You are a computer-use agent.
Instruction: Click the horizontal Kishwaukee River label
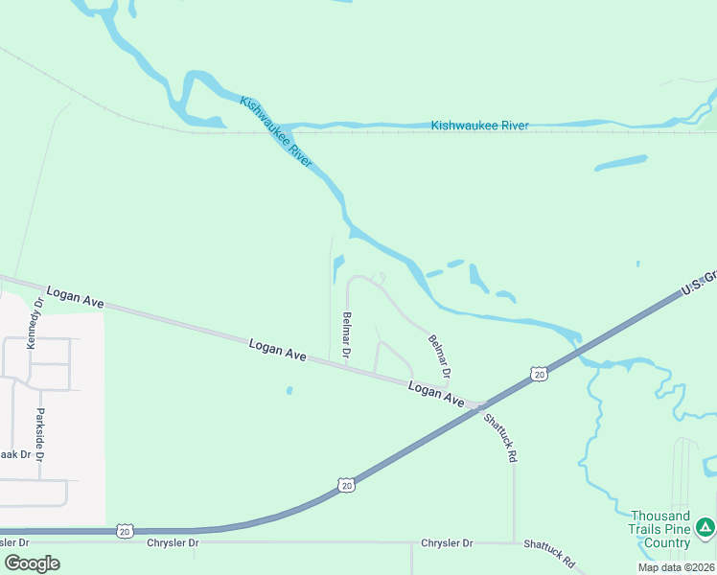click(x=479, y=126)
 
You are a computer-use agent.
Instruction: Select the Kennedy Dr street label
click(x=38, y=322)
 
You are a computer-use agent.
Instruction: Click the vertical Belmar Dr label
click(x=346, y=334)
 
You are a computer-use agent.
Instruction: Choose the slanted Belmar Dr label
click(x=440, y=355)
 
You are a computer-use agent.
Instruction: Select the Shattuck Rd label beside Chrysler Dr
click(x=549, y=553)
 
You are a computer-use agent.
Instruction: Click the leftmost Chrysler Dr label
click(x=173, y=543)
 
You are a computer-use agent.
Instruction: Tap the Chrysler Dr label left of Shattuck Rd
click(x=447, y=543)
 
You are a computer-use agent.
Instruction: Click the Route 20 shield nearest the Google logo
click(x=125, y=530)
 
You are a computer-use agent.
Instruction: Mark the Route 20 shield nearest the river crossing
click(x=540, y=373)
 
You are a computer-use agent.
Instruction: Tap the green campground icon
click(x=705, y=526)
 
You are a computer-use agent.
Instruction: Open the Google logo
click(x=33, y=563)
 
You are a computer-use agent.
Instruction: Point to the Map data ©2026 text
click(x=676, y=567)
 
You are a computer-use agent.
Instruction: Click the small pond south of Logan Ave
click(x=289, y=390)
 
